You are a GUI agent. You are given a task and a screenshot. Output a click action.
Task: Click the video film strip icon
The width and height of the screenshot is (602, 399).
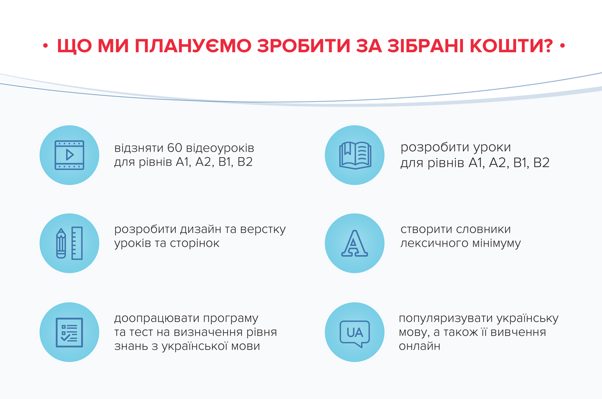coord(69,155)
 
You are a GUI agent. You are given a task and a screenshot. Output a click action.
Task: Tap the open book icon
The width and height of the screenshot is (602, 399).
coord(355,156)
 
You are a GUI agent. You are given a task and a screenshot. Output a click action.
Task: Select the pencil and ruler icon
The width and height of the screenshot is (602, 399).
coord(69,243)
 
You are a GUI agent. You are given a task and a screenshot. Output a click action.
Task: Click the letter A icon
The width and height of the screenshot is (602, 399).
coord(355,243)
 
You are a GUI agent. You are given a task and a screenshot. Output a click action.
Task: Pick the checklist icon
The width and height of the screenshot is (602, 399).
coord(69,332)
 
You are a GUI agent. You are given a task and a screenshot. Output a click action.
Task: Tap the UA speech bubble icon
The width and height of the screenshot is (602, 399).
coord(355,334)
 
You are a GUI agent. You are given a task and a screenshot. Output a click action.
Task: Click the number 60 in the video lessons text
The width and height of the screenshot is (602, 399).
coord(175,148)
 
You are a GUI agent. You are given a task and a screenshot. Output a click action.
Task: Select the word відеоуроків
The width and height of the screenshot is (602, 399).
coord(220,148)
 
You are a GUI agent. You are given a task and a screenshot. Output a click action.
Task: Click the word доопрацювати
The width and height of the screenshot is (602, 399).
coord(157,319)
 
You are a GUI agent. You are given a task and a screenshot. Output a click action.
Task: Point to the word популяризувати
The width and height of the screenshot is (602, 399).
coord(445,319)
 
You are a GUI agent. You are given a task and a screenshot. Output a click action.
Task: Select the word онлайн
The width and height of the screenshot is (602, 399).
coord(419,346)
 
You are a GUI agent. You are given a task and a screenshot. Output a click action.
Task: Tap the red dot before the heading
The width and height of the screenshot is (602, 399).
coord(46,46)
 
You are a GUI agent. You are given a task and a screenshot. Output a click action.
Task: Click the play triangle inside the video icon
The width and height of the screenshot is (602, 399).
coord(70,155)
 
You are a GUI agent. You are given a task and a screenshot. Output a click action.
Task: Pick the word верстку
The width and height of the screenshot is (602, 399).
coord(263,230)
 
